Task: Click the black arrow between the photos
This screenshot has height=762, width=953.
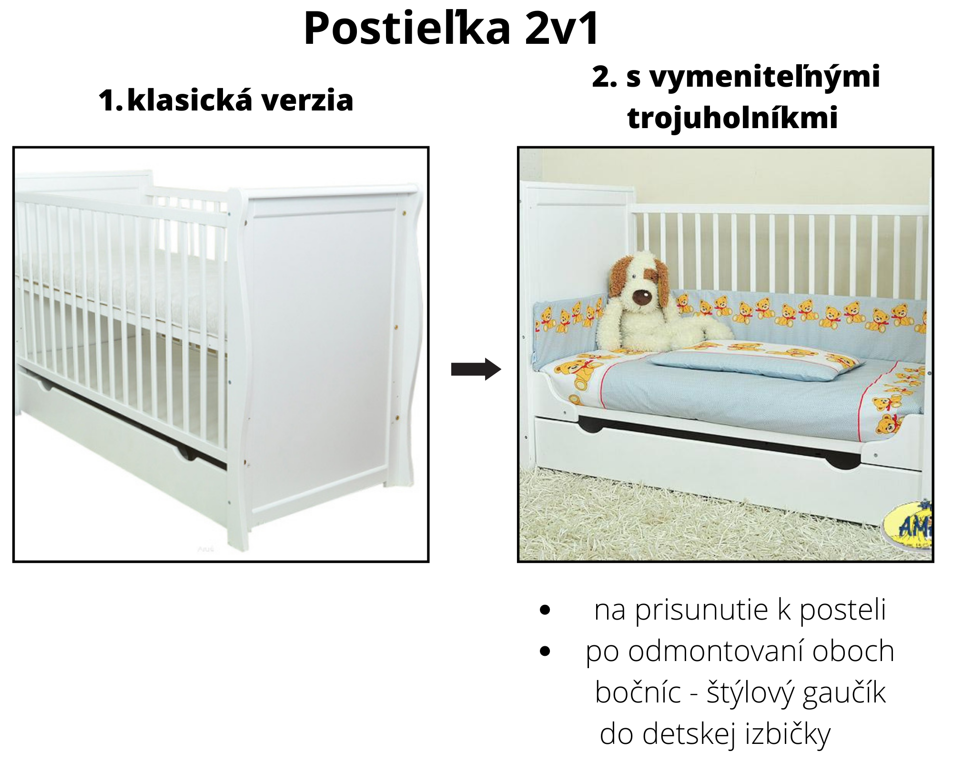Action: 476,369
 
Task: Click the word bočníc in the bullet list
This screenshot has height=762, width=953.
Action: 638,692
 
